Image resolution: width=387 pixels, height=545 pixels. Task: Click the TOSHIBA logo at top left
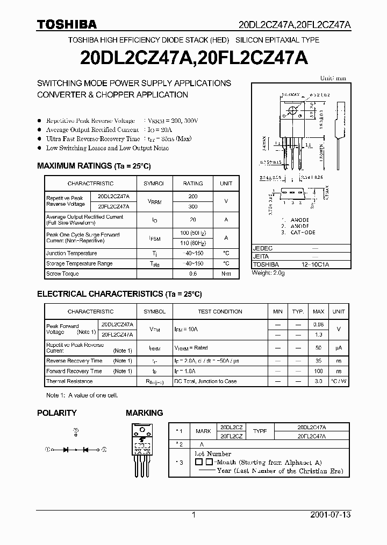click(67, 24)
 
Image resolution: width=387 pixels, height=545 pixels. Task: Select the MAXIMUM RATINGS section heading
click(94, 166)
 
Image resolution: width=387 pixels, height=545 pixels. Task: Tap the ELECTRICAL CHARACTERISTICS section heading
click(119, 294)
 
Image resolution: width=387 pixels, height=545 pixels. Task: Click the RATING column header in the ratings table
click(193, 184)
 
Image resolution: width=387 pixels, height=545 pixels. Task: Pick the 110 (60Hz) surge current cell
click(193, 243)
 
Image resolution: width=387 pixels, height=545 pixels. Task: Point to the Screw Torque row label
click(62, 274)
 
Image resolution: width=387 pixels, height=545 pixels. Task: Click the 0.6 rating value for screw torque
click(193, 274)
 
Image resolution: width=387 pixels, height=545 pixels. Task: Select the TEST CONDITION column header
click(220, 312)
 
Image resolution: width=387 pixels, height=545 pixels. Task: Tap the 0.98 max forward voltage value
click(319, 325)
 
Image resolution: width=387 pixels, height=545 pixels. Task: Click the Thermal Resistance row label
click(69, 381)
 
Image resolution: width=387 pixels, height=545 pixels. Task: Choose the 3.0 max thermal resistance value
click(319, 381)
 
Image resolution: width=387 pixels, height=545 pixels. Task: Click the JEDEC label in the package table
click(263, 248)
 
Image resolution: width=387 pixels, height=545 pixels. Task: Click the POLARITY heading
click(56, 413)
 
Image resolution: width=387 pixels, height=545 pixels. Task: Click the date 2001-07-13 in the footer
click(330, 515)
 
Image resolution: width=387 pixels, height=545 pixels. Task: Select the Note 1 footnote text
click(82, 395)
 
